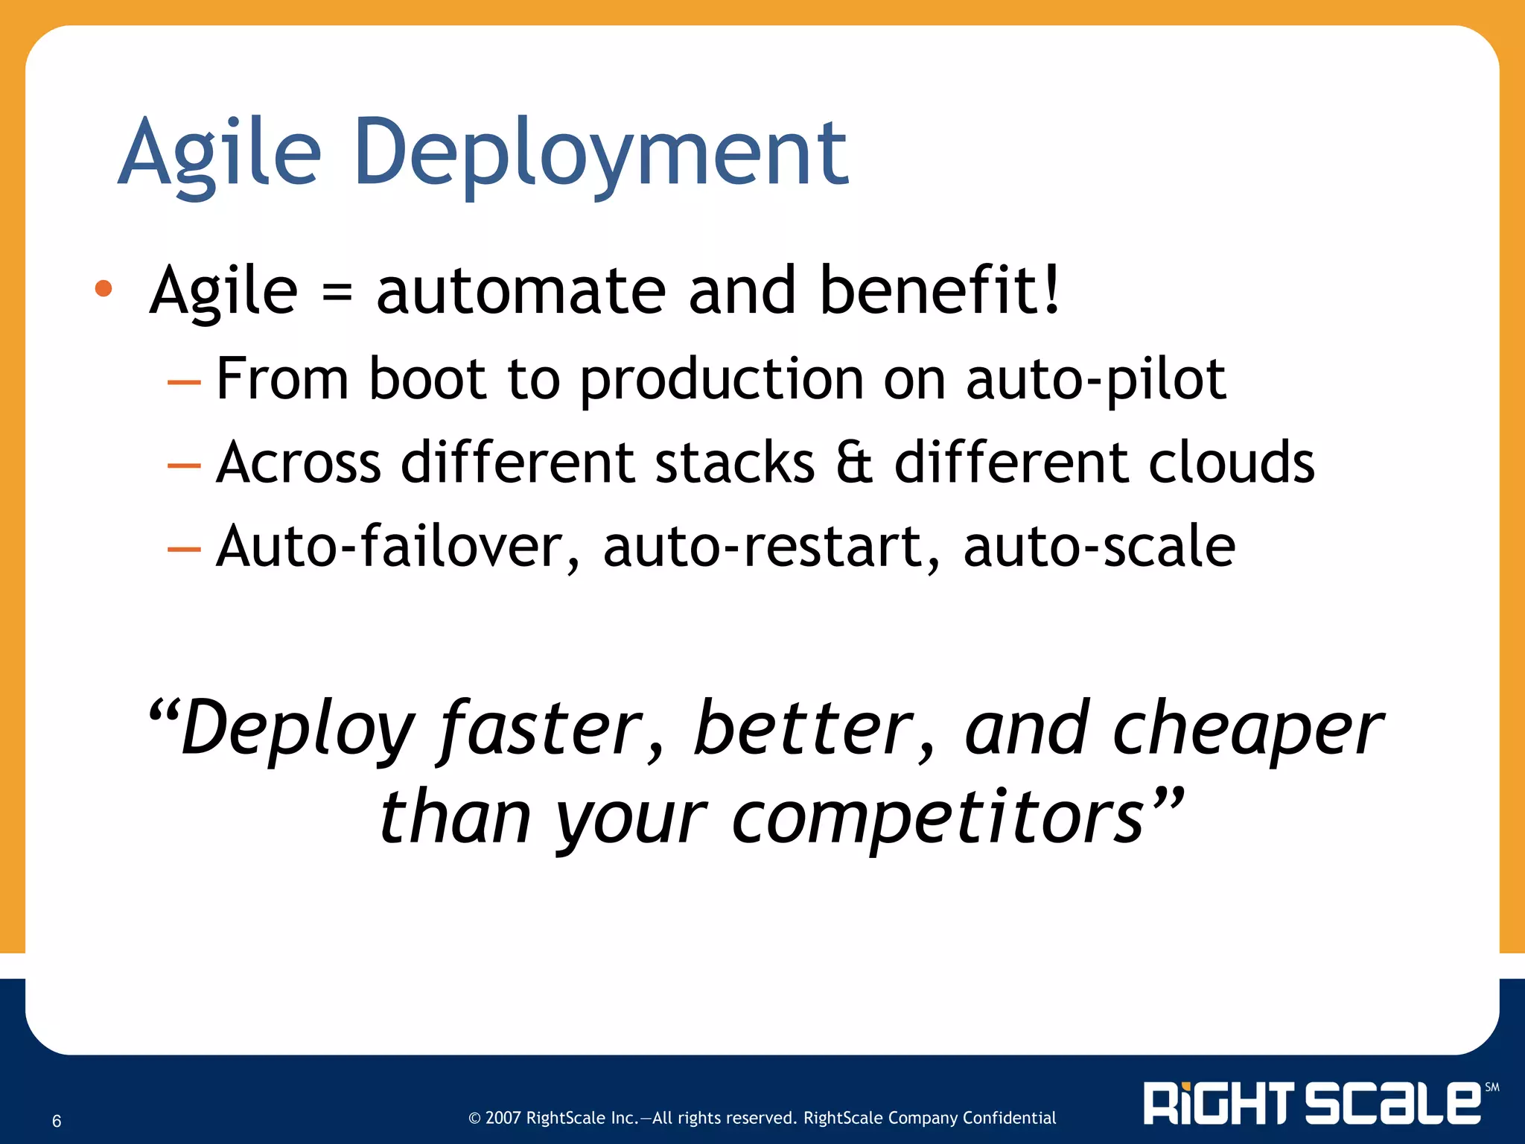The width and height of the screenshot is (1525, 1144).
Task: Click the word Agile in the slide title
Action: pyautogui.click(x=220, y=154)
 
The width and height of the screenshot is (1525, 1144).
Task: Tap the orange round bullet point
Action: pyautogui.click(x=104, y=288)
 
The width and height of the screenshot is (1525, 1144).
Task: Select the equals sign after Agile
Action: pyautogui.click(x=337, y=293)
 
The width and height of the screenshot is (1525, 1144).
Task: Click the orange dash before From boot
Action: pyautogui.click(x=184, y=383)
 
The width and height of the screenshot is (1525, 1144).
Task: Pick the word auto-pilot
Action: pyautogui.click(x=1095, y=379)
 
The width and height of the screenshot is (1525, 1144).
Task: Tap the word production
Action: pyautogui.click(x=721, y=379)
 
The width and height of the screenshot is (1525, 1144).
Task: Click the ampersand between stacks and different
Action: pyautogui.click(x=853, y=463)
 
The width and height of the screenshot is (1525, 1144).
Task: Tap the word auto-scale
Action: pyautogui.click(x=1099, y=547)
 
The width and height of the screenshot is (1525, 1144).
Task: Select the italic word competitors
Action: pyautogui.click(x=937, y=817)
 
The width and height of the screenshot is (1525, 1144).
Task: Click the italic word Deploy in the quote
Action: pyautogui.click(x=298, y=729)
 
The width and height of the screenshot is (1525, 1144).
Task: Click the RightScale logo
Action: pyautogui.click(x=1312, y=1103)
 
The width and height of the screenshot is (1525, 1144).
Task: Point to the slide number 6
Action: pyautogui.click(x=57, y=1121)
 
